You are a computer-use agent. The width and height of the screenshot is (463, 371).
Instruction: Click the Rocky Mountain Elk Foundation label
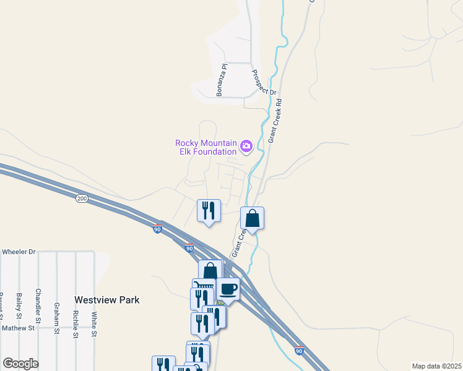coord(206,147)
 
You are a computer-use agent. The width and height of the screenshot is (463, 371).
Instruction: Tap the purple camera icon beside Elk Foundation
coord(246,147)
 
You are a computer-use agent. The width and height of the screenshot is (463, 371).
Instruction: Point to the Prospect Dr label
coord(263,82)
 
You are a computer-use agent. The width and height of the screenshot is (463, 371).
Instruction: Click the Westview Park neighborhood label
coord(106,300)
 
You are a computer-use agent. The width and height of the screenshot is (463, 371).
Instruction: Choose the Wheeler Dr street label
coord(19,252)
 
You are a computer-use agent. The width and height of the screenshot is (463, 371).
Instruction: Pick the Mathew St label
coord(18,328)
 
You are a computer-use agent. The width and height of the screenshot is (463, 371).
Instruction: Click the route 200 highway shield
coord(82,198)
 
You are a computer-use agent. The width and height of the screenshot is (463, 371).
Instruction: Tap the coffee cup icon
coord(228,288)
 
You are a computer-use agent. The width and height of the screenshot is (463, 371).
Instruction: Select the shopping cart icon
coord(204,285)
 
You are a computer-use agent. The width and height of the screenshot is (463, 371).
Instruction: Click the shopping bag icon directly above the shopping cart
coord(210,271)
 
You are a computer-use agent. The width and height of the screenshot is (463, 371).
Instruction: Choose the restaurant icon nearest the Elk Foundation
coord(209,210)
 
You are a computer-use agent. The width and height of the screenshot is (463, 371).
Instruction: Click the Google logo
coord(20,364)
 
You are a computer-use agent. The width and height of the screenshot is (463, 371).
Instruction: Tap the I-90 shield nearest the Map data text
coord(299,351)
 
